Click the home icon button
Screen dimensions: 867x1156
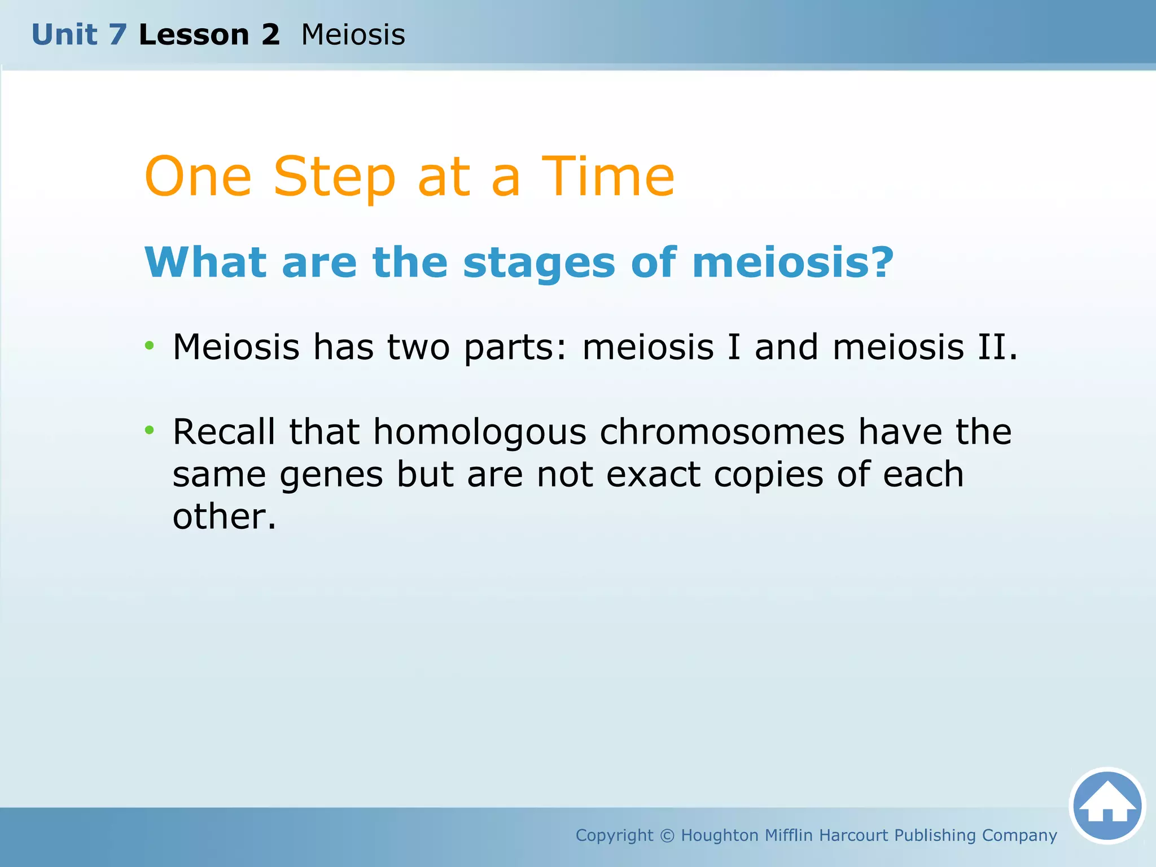pos(1107,805)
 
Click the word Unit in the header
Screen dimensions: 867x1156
pos(64,35)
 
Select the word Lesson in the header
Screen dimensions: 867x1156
pos(194,35)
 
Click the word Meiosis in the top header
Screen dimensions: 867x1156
pos(353,35)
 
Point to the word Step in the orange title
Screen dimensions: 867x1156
pos(334,178)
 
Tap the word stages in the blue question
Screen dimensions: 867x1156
pos(539,263)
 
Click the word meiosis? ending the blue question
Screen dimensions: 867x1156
pos(792,263)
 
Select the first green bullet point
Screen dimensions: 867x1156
pos(149,345)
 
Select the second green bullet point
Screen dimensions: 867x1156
pos(149,431)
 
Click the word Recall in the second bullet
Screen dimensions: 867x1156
pos(224,432)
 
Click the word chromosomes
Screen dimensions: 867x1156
pos(722,432)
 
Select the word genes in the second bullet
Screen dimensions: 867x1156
pos(331,475)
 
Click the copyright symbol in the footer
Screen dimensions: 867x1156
pos(667,835)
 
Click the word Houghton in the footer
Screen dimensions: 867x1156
pos(719,835)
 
